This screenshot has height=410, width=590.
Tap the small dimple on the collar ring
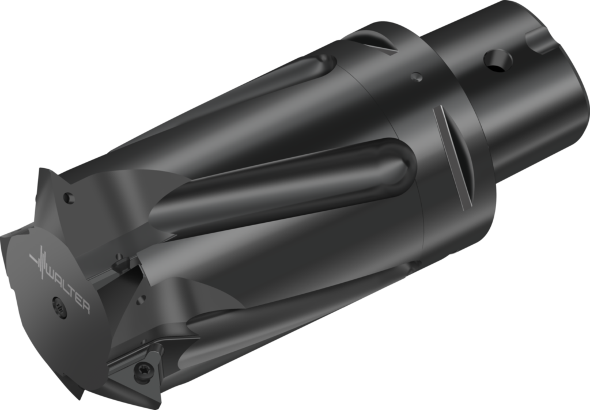(417, 76)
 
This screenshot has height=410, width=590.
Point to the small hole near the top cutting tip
(69, 198)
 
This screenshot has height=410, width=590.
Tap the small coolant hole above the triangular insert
(141, 299)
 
